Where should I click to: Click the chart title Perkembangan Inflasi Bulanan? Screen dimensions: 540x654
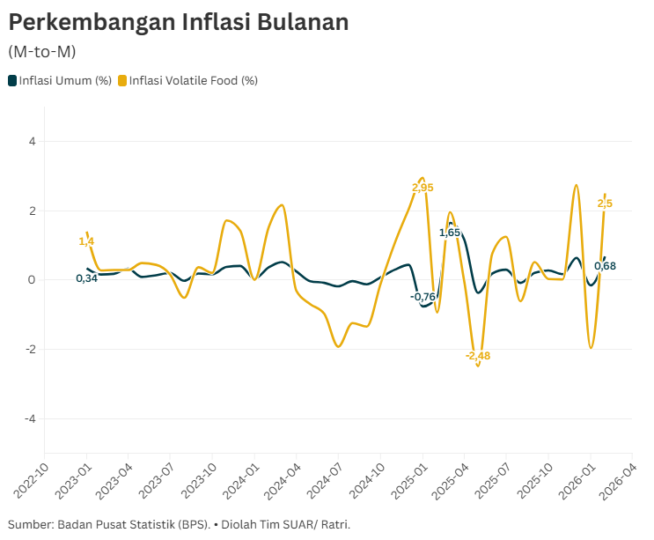[x=179, y=23]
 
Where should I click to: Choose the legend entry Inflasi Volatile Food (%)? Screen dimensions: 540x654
[x=193, y=81]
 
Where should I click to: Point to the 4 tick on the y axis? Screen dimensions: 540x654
[x=32, y=141]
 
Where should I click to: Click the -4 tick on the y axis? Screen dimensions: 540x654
[x=30, y=418]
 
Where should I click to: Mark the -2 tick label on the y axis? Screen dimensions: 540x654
[x=30, y=350]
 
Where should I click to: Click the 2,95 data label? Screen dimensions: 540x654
[x=423, y=188]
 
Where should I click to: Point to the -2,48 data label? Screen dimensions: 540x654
[x=478, y=356]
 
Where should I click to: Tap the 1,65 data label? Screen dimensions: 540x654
[x=450, y=233]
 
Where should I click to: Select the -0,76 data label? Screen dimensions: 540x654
[x=423, y=297]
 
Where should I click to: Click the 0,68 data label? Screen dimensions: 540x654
[x=605, y=266]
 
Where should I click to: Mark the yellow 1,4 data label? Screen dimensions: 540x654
[x=86, y=241]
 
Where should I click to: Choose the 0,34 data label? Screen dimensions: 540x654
[x=86, y=278]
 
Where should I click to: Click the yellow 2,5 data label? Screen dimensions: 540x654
[x=605, y=203]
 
